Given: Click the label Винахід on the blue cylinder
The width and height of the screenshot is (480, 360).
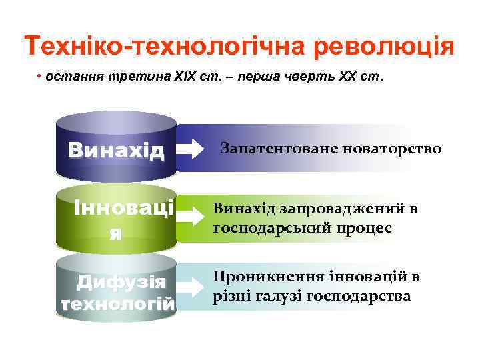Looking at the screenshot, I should pos(115,149).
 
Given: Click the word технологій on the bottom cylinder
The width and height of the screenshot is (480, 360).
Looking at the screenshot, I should pos(117,304).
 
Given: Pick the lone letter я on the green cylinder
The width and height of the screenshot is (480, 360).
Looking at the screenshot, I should pos(115,233).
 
